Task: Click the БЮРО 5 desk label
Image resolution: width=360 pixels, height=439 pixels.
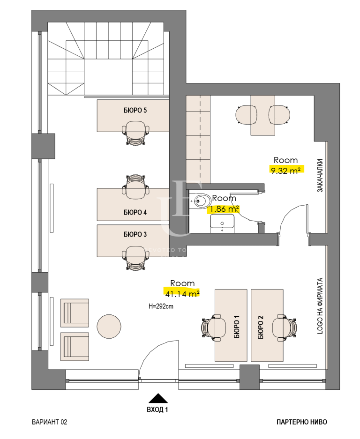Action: pos(135,111)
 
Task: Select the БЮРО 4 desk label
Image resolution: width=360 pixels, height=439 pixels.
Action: pos(135,212)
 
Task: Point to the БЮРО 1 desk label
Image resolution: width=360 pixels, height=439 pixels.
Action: pos(236,327)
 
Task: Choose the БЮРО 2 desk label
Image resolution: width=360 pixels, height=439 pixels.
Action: pos(261,327)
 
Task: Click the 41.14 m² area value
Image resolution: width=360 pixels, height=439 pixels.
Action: pos(182,293)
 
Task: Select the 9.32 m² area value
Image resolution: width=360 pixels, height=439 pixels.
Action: pos(286,170)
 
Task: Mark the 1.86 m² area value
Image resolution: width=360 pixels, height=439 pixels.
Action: pos(224,208)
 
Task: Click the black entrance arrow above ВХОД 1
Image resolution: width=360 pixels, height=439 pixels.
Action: pos(158,398)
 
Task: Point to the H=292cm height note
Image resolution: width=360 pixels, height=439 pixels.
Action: pos(161,306)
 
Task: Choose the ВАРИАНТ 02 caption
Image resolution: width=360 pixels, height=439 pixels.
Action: pos(50,422)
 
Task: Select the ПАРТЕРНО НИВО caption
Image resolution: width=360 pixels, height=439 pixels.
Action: pos(301,422)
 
